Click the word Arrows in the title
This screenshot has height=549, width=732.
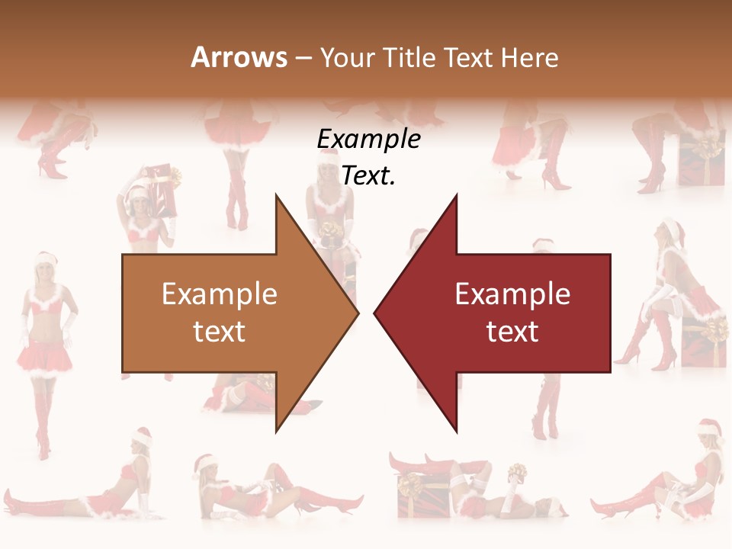pyautogui.click(x=239, y=57)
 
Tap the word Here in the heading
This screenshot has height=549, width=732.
pyautogui.click(x=529, y=57)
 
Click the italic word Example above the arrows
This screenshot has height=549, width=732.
pyautogui.click(x=369, y=140)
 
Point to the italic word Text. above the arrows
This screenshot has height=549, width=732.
pyautogui.click(x=369, y=176)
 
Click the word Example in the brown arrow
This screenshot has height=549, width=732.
pyautogui.click(x=220, y=294)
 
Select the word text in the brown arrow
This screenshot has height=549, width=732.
pyautogui.click(x=220, y=332)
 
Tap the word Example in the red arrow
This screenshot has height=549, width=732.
pyautogui.click(x=512, y=294)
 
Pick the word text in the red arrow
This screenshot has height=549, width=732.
pyautogui.click(x=512, y=332)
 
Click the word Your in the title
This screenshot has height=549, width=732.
pyautogui.click(x=347, y=57)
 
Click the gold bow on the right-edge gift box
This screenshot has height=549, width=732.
pyautogui.click(x=715, y=329)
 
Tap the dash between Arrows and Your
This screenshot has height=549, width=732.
pyautogui.click(x=303, y=58)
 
